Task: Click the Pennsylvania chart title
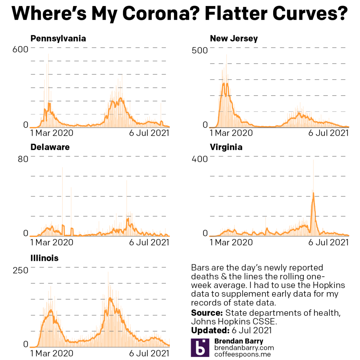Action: tap(58, 39)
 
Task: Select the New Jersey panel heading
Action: tap(234, 39)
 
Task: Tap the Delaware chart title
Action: tap(50, 147)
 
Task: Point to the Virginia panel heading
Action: tap(226, 147)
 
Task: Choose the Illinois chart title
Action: tap(44, 258)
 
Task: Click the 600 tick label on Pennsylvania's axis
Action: tap(20, 50)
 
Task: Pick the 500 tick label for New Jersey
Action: tap(200, 50)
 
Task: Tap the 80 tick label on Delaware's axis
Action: tap(23, 159)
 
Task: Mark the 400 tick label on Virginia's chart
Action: tap(200, 159)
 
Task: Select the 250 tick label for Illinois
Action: tap(20, 270)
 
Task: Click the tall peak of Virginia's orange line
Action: tap(313, 193)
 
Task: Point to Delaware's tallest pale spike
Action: tap(63, 168)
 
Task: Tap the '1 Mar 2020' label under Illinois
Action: tap(52, 353)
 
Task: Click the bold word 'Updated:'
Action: tap(210, 330)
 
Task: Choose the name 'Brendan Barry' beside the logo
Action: tap(238, 341)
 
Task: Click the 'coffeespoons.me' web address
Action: tap(242, 354)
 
